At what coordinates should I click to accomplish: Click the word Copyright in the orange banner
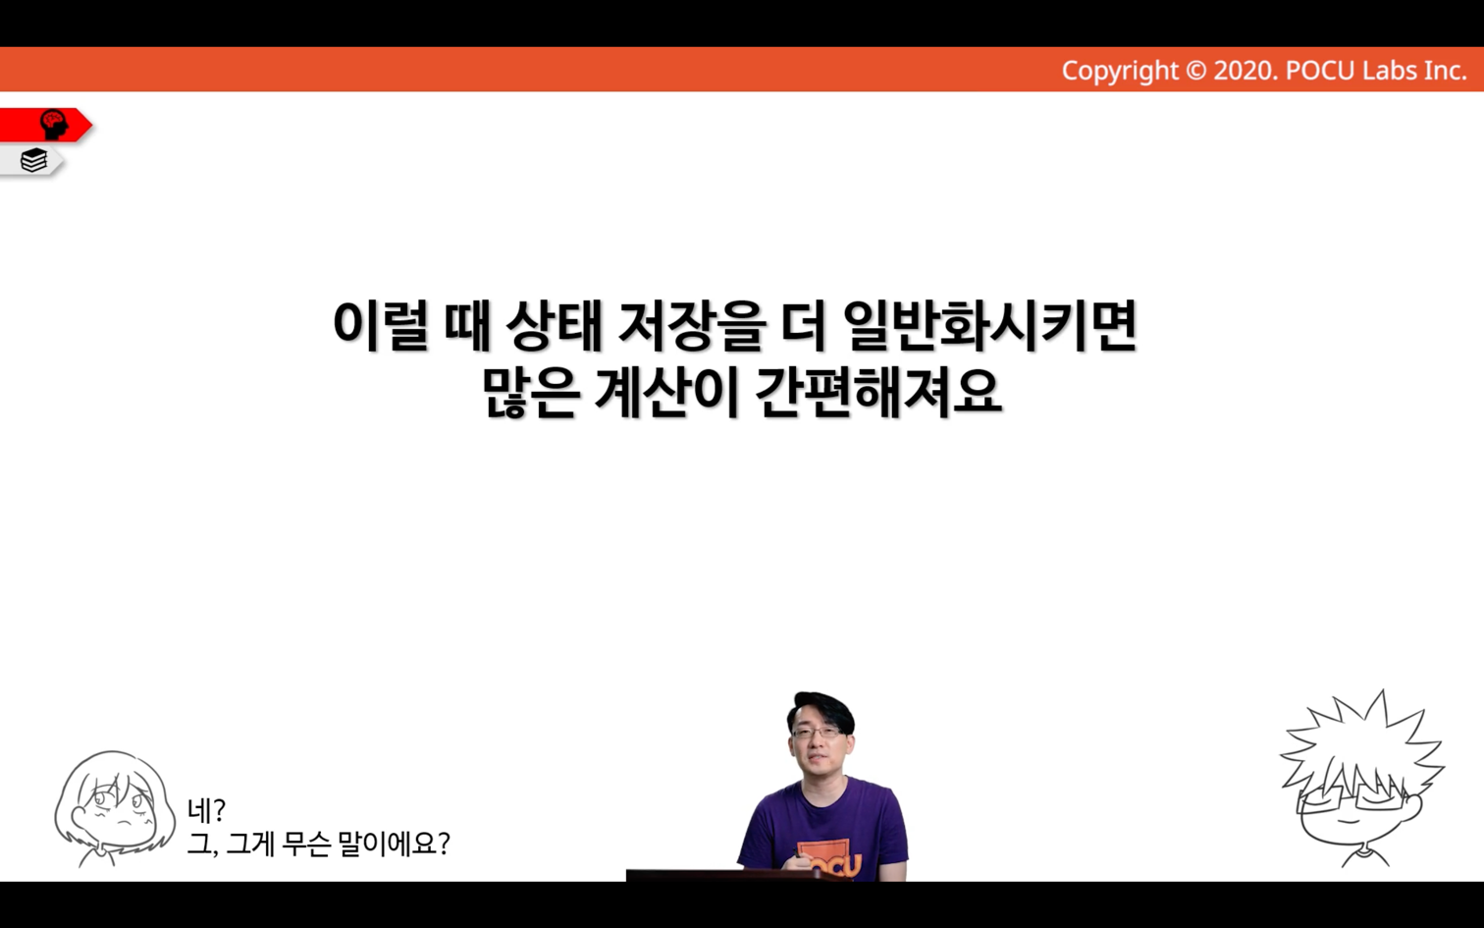tap(1120, 71)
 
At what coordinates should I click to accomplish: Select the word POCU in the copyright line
tap(1319, 71)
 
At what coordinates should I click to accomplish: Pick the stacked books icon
tap(33, 160)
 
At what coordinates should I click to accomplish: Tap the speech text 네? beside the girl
tap(207, 809)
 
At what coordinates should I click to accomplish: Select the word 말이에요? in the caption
tap(395, 844)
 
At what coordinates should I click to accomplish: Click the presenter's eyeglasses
tap(817, 733)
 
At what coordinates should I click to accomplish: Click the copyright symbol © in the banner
tap(1195, 71)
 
